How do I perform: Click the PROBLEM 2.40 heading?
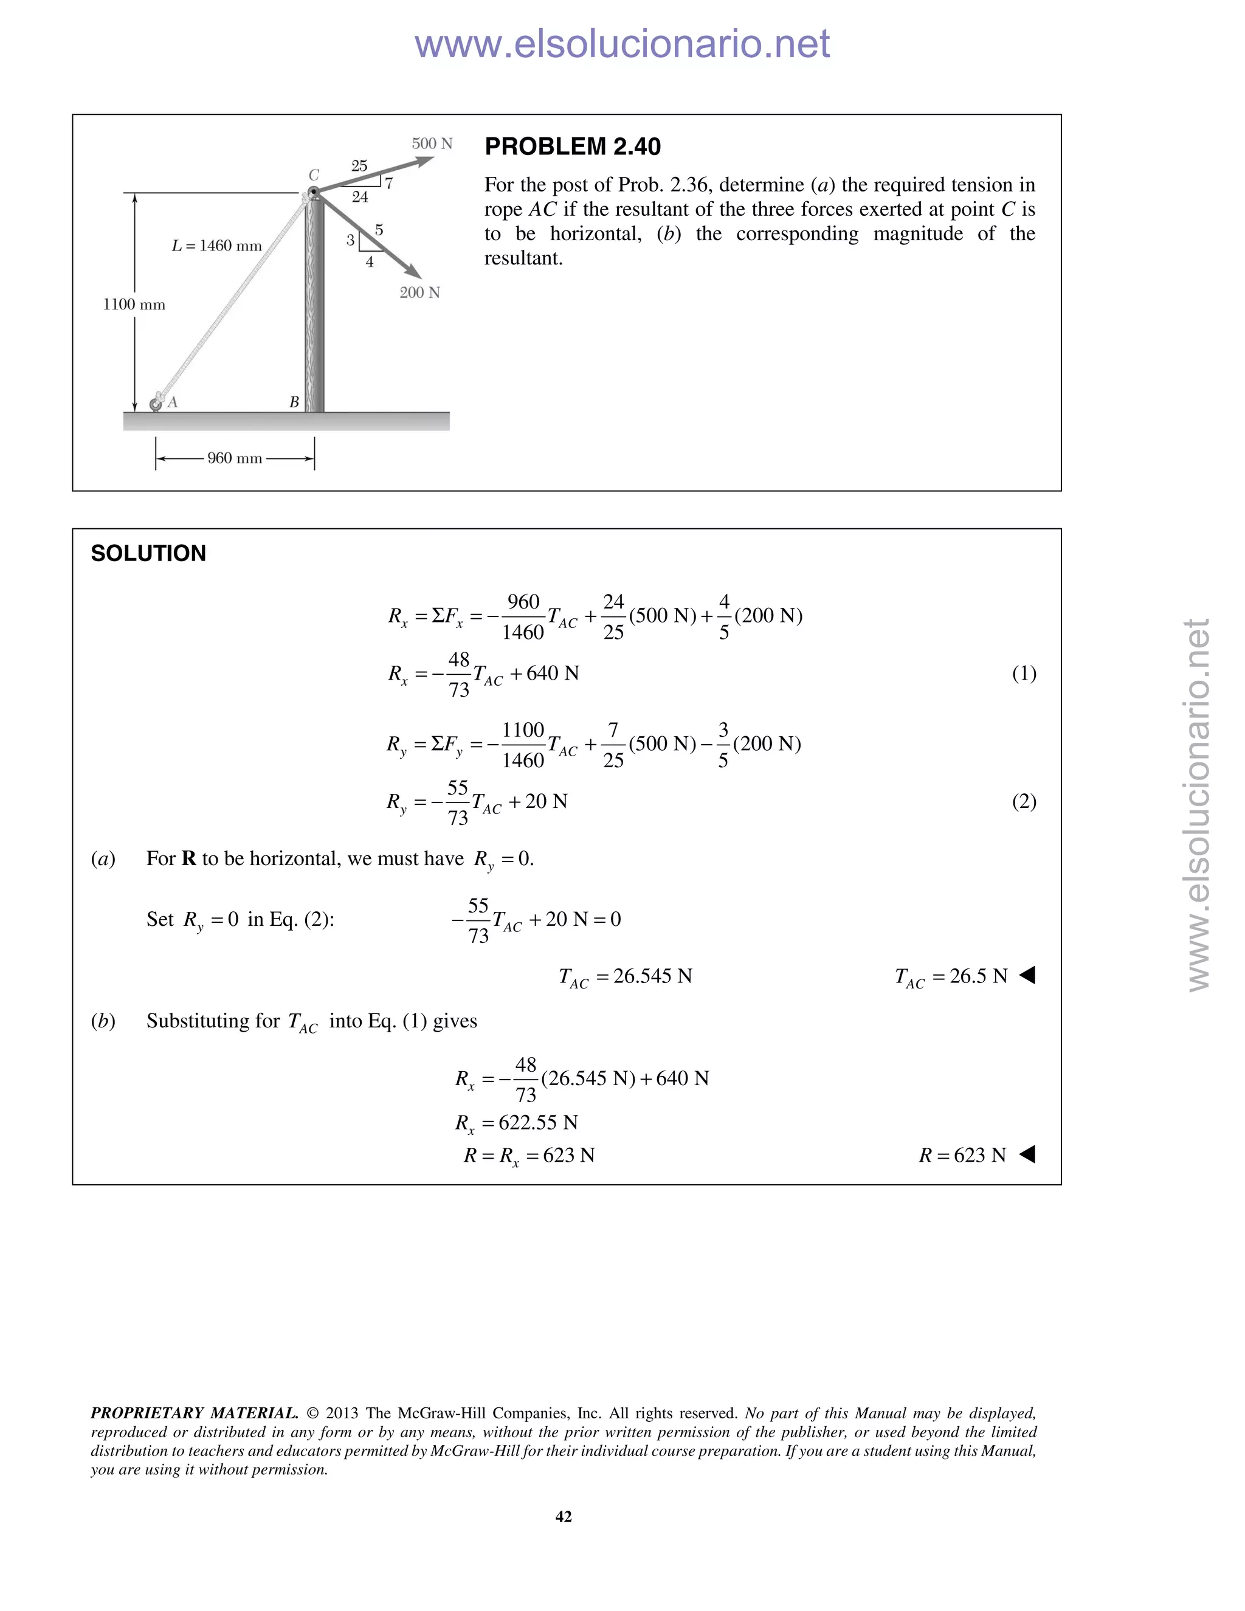click(x=572, y=147)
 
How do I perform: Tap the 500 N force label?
click(x=432, y=144)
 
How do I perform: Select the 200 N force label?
click(x=419, y=293)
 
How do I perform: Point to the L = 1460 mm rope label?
click(x=217, y=246)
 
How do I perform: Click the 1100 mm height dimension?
click(x=134, y=305)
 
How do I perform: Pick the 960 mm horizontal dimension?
click(x=235, y=458)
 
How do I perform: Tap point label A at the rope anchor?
click(x=173, y=402)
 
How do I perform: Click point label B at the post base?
click(x=294, y=402)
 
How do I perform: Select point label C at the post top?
click(x=314, y=175)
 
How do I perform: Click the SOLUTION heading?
click(x=148, y=553)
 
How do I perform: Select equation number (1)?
click(x=1024, y=674)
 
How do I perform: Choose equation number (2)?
click(x=1024, y=802)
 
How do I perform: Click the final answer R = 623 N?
click(x=962, y=1155)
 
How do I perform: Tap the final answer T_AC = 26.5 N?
click(x=951, y=978)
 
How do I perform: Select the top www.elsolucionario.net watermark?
click(x=622, y=44)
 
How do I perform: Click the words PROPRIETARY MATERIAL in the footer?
click(x=195, y=1413)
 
